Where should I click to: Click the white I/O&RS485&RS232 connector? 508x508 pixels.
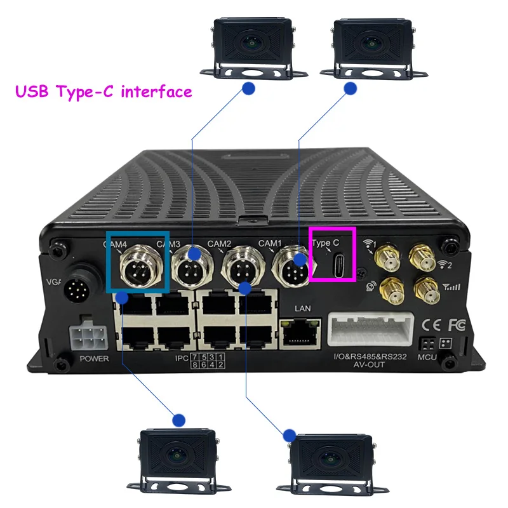point(371,330)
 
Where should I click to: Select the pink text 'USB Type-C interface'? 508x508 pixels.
point(104,92)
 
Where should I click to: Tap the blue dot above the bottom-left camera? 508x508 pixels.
point(178,420)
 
